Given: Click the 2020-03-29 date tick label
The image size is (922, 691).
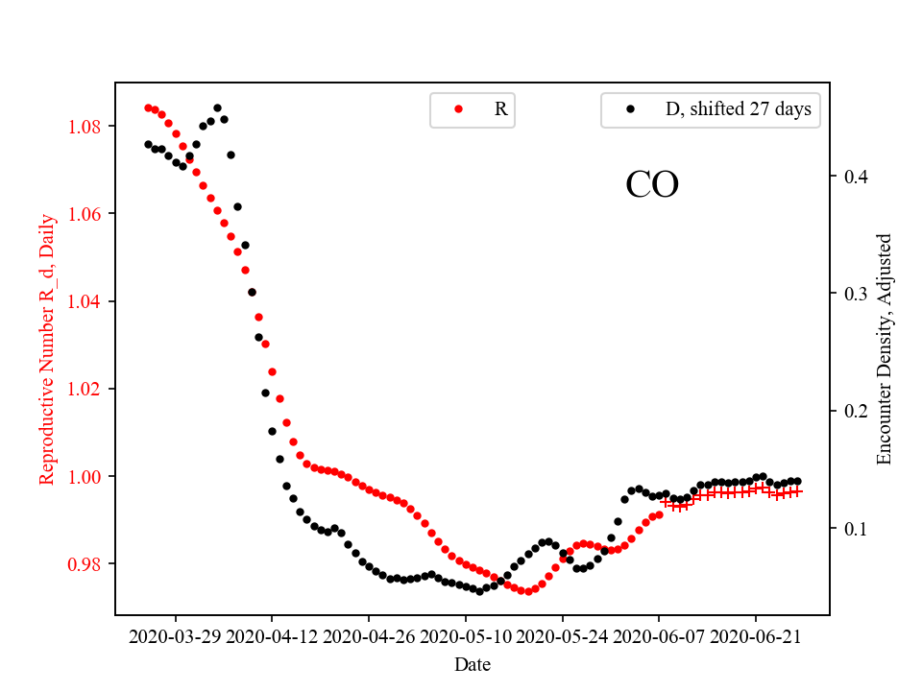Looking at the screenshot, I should point(176,636).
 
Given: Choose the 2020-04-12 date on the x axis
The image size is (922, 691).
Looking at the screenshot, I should point(272,636).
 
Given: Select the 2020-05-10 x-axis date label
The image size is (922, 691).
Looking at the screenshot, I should point(466,636).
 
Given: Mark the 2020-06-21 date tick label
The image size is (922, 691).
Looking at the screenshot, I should point(756,636).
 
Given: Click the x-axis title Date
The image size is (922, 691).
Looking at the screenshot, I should point(473,664).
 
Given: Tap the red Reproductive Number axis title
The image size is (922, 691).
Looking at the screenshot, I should point(47,348).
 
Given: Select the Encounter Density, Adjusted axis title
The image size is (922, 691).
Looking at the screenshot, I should point(885,348).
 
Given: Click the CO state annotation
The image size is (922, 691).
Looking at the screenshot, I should point(652,185).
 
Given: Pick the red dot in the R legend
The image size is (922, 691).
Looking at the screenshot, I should point(458,109).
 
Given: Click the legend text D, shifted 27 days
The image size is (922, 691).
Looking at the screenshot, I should point(739,109).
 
